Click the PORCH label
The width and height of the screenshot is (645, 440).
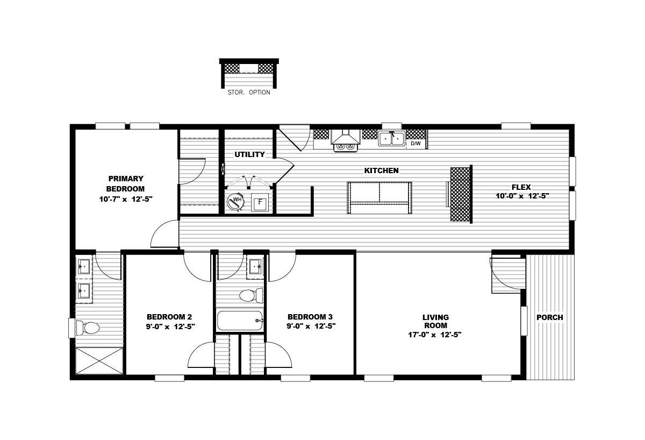point(550,317)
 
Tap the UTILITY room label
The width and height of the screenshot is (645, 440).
point(249,154)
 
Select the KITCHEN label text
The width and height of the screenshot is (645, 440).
point(381,171)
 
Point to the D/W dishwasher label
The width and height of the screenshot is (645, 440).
point(415,144)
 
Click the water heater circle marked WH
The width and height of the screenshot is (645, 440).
point(235,201)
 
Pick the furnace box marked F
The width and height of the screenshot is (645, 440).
point(260,202)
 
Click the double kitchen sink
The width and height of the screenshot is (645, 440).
point(392,139)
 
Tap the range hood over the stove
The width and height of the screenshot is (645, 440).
point(346,137)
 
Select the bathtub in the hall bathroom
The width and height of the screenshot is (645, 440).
point(240,321)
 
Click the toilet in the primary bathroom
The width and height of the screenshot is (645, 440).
point(88,328)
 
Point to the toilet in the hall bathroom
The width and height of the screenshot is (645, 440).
point(251,295)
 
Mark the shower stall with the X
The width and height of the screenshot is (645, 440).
point(99,361)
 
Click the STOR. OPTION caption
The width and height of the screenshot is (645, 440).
point(249,93)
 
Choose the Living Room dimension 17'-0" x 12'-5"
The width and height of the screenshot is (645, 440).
point(435,335)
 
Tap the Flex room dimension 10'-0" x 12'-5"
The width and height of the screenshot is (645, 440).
point(522,196)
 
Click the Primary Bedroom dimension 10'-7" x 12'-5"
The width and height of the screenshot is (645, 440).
point(126,200)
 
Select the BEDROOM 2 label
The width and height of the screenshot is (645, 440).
point(169,317)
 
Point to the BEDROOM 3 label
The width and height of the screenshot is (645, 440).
point(310,317)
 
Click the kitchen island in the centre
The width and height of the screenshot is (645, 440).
point(379,197)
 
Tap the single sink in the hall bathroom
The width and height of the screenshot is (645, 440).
point(255,267)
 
